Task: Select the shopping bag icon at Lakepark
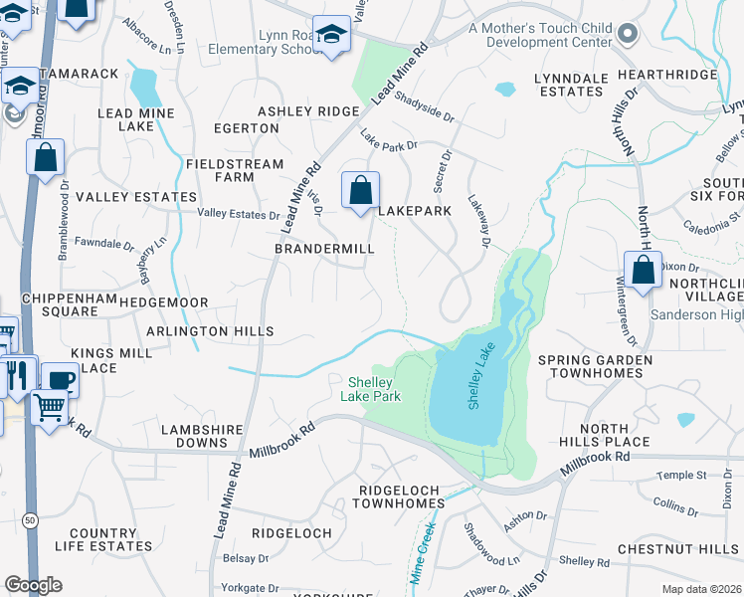tap(360, 189)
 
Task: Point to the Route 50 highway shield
tap(31, 520)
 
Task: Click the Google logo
tap(33, 585)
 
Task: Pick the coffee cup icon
tap(60, 380)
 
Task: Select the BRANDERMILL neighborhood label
tap(324, 249)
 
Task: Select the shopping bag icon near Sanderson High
tap(643, 269)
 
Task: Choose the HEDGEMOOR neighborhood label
tap(164, 301)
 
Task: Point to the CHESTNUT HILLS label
tap(677, 549)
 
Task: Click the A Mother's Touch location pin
tap(626, 35)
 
